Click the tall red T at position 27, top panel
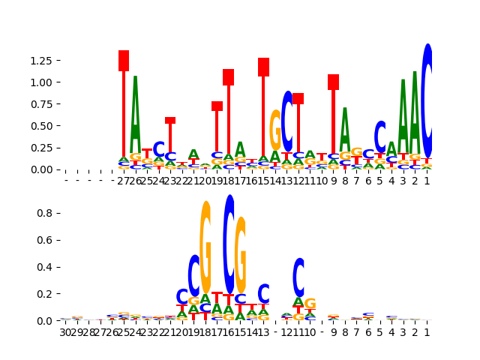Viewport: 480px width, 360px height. (x=124, y=105)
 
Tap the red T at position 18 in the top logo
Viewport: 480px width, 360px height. (x=228, y=112)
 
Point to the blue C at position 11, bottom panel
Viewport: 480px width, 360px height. (x=298, y=277)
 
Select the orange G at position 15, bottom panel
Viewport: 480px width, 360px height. (x=241, y=255)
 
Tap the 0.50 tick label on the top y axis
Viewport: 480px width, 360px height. (x=42, y=125)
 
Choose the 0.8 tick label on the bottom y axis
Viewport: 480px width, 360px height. (x=46, y=213)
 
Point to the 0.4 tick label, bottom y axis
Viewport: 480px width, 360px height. (x=46, y=267)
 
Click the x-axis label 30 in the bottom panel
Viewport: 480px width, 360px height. (x=65, y=332)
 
